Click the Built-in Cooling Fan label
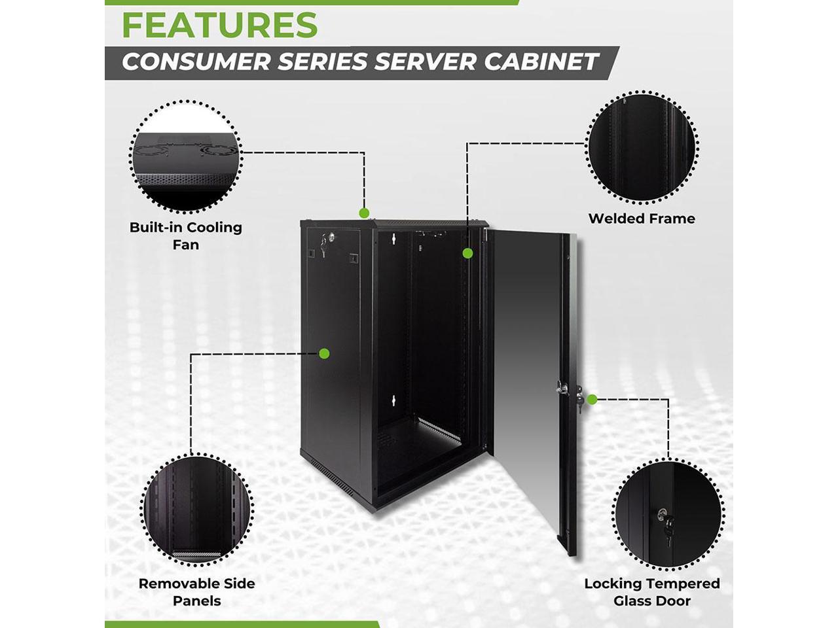click(186, 235)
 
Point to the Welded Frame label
click(642, 218)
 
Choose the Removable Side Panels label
click(196, 592)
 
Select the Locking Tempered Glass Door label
click(651, 592)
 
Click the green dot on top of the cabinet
click(364, 213)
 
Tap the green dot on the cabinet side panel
click(323, 353)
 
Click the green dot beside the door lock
click(592, 399)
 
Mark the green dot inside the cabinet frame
click(467, 253)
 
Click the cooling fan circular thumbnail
click(186, 156)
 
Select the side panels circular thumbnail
click(196, 508)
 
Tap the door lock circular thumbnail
click(668, 514)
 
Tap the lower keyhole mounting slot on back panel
click(394, 400)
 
